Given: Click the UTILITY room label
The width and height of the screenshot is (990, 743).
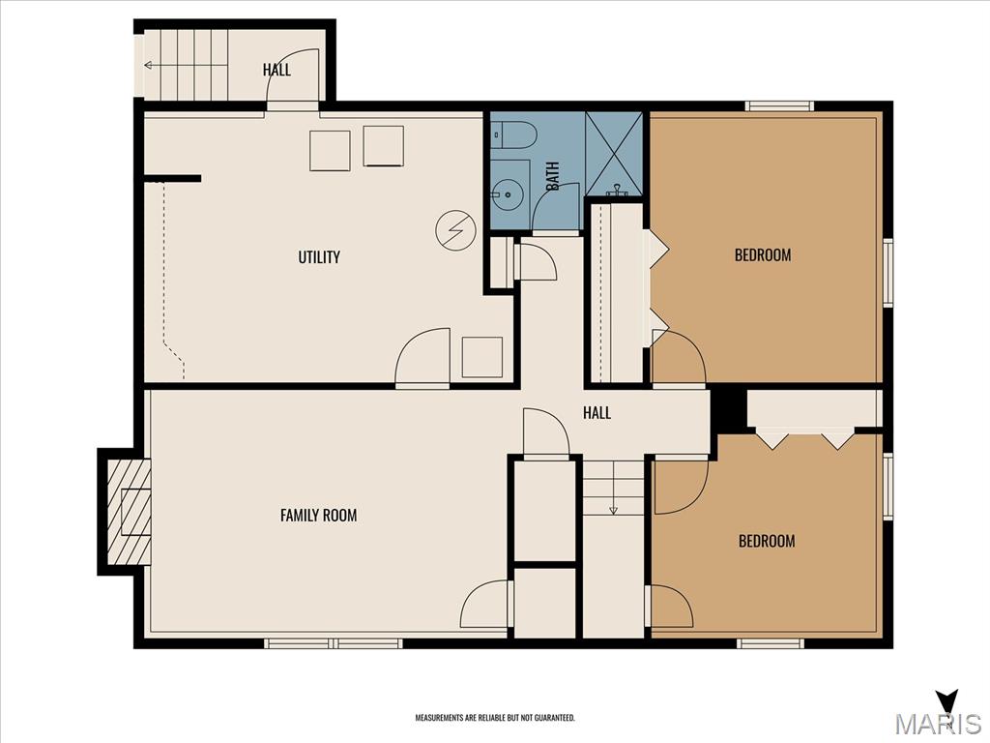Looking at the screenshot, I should pos(319,257).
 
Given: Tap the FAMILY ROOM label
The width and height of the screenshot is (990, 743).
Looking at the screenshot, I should pos(318,516).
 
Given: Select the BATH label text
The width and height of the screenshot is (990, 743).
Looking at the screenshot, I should pos(553,174).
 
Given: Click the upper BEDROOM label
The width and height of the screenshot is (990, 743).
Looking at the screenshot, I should pos(763,255).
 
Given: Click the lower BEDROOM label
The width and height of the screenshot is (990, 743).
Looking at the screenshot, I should pos(767,541).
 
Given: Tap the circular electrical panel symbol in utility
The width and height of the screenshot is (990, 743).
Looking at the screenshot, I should pos(455,229).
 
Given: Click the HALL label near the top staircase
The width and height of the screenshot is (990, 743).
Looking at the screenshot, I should pos(277,70).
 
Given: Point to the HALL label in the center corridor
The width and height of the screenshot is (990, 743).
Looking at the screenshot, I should pos(597,413).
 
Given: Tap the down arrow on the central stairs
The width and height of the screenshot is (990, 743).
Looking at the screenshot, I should pos(613,509).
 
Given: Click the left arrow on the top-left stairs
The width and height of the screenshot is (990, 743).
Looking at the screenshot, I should pos(149,66).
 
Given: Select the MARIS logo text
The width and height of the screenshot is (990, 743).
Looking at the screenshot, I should pos(937,724).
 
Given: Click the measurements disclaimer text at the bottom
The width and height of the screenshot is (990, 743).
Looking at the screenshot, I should pos(495,718).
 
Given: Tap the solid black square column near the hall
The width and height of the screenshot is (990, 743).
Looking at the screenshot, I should pos(727,409).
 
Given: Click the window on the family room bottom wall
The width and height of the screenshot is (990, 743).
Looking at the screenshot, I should pos(334,642).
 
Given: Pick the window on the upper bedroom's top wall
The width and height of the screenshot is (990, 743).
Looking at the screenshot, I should pos(778,105).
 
